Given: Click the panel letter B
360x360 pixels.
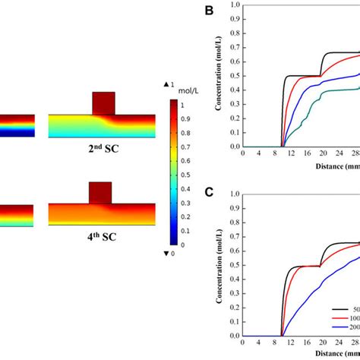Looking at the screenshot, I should coord(210,11).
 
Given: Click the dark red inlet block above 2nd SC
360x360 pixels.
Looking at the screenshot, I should coord(103,103).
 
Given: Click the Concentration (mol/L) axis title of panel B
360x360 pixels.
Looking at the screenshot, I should coord(219,76).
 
